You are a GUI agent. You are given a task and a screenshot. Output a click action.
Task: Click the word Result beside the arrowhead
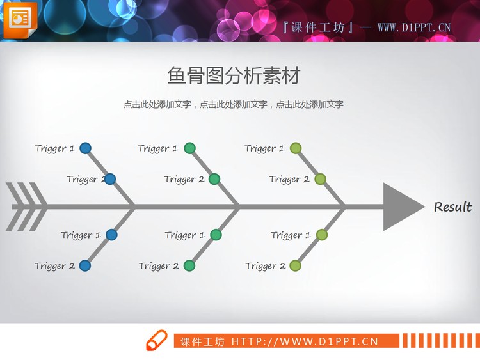pyautogui.click(x=452, y=207)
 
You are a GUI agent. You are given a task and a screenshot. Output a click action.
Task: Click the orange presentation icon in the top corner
pyautogui.click(x=20, y=20)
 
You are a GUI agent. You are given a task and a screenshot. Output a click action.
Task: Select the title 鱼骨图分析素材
pyautogui.click(x=234, y=76)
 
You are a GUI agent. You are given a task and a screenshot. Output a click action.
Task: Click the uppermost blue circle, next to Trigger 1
pyautogui.click(x=85, y=148)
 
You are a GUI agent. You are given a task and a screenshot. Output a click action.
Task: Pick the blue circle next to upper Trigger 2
pyautogui.click(x=109, y=179)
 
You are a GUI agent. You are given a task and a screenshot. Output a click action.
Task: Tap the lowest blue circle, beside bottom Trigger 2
pyautogui.click(x=84, y=265)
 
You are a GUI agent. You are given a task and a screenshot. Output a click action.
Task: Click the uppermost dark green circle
pyautogui.click(x=189, y=148)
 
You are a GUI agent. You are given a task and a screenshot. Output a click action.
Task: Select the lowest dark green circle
pyautogui.click(x=189, y=265)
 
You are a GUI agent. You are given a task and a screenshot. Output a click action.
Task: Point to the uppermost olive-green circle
pyautogui.click(x=295, y=148)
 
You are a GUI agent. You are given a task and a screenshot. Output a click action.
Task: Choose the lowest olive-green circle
pyautogui.click(x=295, y=265)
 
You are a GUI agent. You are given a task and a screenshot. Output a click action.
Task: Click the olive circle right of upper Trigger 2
pyautogui.click(x=320, y=179)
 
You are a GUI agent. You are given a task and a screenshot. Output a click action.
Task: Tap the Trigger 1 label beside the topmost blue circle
pyautogui.click(x=55, y=148)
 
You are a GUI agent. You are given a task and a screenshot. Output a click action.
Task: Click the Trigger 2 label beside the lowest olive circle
pyautogui.click(x=266, y=266)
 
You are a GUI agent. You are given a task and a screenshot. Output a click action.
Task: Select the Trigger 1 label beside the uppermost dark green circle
pyautogui.click(x=158, y=148)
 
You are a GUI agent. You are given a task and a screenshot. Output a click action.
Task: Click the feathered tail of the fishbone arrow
pyautogui.click(x=26, y=207)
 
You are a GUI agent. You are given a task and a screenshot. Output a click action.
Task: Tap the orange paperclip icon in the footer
pyautogui.click(x=156, y=341)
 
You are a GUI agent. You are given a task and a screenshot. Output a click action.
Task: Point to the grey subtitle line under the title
pyautogui.click(x=234, y=104)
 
